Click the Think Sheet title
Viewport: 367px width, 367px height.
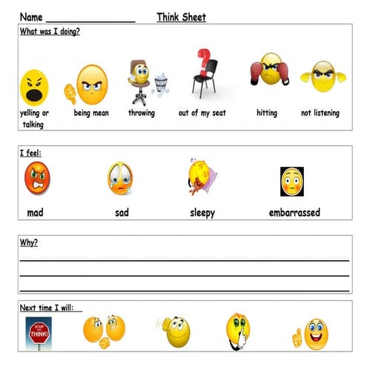[x=181, y=17]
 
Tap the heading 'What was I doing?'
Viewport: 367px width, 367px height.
[x=50, y=31]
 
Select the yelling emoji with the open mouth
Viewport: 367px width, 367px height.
[x=33, y=87]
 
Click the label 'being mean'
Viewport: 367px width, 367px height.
[x=92, y=113]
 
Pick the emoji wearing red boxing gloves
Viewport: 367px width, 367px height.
[x=268, y=72]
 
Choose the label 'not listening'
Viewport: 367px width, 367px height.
[x=320, y=113]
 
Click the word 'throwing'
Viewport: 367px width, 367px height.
[x=142, y=113]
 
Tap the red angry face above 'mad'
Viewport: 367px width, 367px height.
[x=36, y=178]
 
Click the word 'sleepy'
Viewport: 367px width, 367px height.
[x=202, y=213]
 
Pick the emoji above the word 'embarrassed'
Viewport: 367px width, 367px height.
[x=292, y=181]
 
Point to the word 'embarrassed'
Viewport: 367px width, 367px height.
[x=294, y=213]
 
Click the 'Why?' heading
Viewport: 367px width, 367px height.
[x=29, y=242]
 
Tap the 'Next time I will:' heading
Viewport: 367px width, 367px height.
[x=51, y=308]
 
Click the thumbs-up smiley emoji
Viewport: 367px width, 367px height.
[x=314, y=334]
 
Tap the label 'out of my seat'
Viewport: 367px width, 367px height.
[x=202, y=113]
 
